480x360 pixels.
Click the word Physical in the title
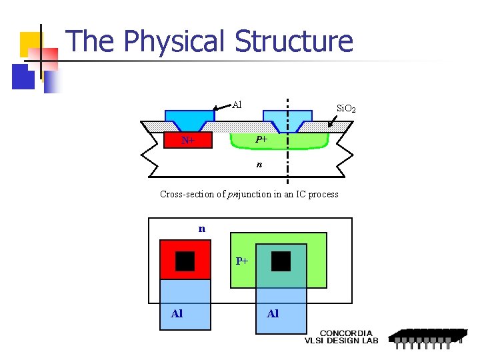175,41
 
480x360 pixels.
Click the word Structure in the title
294,41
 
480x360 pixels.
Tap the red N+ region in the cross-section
189,140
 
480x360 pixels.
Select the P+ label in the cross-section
261,139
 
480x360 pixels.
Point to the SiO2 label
346,108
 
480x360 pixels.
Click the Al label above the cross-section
237,104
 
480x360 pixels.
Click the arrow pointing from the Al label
221,107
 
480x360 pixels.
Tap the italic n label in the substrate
260,163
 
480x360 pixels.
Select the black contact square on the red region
185,261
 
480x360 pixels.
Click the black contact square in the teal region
281,261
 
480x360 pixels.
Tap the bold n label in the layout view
201,229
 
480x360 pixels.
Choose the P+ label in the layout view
242,261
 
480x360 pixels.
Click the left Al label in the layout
177,313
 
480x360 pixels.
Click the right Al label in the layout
273,313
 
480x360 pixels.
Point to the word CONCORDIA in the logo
346,333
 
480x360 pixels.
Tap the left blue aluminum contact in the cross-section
189,120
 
